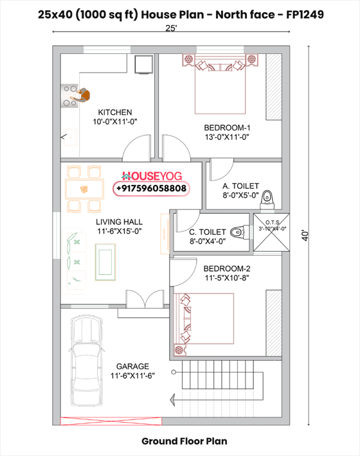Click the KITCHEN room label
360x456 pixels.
coord(115,112)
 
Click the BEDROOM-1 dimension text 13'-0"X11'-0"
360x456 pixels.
coord(227,136)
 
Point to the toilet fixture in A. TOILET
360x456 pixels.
coord(269,194)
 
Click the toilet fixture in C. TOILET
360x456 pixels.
coord(237,231)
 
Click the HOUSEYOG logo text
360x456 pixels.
coord(152,175)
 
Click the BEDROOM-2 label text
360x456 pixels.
coord(226,268)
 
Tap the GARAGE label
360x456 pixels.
coord(132,365)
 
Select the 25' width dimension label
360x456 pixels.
coord(171,28)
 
